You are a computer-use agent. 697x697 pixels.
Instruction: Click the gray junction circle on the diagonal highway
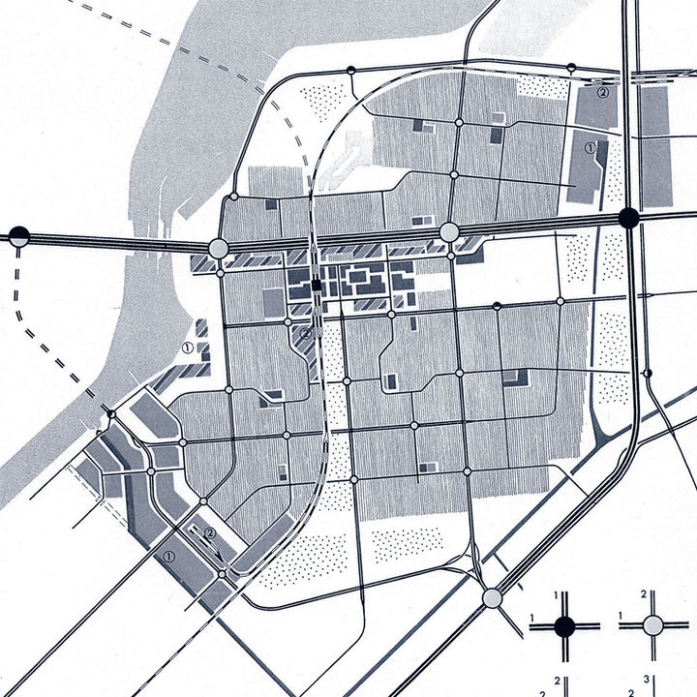point(493,597)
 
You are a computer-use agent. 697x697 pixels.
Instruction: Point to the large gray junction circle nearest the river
point(218,250)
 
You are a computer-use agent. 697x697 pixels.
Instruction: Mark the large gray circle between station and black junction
point(449,232)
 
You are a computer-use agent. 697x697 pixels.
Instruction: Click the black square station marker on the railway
point(317,284)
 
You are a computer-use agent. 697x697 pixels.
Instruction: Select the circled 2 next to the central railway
point(305,334)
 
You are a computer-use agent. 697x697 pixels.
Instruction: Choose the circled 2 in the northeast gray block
point(602,93)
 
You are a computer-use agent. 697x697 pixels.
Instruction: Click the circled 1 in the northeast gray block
point(591,148)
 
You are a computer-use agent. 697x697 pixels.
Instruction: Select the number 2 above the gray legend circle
point(644,593)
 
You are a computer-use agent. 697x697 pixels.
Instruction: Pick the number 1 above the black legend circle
point(559,593)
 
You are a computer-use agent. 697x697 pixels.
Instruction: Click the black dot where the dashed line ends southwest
point(110,414)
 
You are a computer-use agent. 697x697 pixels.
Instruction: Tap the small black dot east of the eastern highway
point(648,374)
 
